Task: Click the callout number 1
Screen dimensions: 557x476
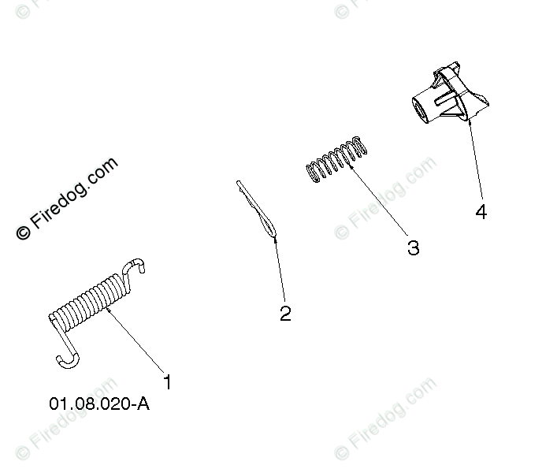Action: tap(167, 382)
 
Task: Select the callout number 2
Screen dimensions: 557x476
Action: tap(285, 314)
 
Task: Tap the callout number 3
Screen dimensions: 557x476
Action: tap(413, 247)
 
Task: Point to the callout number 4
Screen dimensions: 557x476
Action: tap(481, 212)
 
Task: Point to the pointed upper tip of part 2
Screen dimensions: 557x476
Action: tap(239, 184)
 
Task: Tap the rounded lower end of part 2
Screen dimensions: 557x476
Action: tap(271, 232)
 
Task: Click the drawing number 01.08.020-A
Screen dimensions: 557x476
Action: tap(98, 404)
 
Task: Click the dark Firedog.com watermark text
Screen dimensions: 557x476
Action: tap(76, 192)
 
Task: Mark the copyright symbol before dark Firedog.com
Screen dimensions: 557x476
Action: tap(23, 232)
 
